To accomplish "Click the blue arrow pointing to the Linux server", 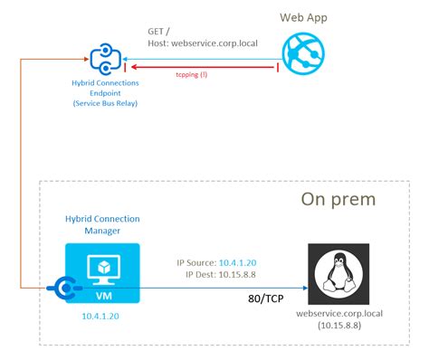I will [x=217, y=289].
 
